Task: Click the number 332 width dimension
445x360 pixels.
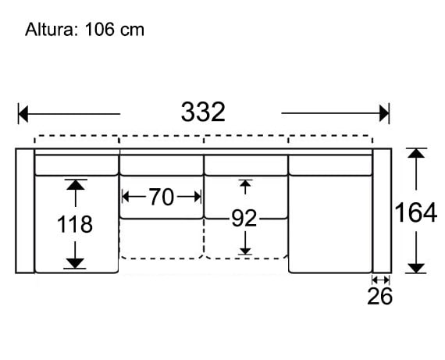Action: pyautogui.click(x=203, y=112)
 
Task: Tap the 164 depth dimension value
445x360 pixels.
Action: pyautogui.click(x=415, y=212)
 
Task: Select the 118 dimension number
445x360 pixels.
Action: pyautogui.click(x=75, y=225)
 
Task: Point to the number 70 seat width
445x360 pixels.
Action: pyautogui.click(x=161, y=198)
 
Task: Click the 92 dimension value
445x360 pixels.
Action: pyautogui.click(x=244, y=219)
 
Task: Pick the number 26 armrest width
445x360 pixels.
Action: pyautogui.click(x=380, y=296)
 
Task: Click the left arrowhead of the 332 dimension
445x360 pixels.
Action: pyautogui.click(x=23, y=114)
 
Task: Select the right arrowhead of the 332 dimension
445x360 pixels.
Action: pyautogui.click(x=383, y=114)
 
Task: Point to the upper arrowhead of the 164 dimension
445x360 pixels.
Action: pyautogui.click(x=416, y=154)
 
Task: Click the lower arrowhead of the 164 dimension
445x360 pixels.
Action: pyautogui.click(x=416, y=268)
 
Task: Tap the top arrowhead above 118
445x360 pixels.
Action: pyautogui.click(x=75, y=185)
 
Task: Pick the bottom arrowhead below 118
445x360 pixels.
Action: pyautogui.click(x=75, y=263)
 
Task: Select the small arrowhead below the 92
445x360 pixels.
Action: pyautogui.click(x=245, y=250)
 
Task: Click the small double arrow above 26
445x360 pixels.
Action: pyautogui.click(x=380, y=279)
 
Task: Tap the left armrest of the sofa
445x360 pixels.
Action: pyautogui.click(x=25, y=210)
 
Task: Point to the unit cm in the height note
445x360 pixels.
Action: pyautogui.click(x=132, y=30)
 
